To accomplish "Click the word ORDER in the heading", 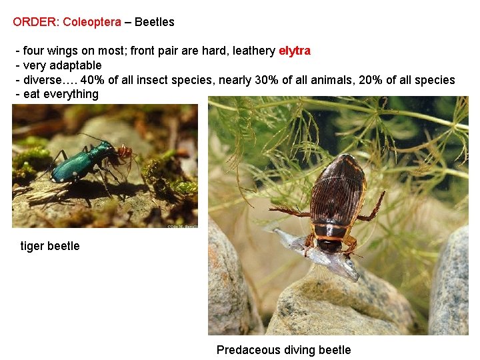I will click(35, 22).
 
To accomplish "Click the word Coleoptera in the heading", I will click(92, 22).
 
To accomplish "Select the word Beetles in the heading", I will click(155, 22).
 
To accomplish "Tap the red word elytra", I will click(294, 51).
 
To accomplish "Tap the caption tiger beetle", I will click(50, 246).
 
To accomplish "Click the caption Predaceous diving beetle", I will click(283, 350).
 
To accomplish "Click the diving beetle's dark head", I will click(330, 244).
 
